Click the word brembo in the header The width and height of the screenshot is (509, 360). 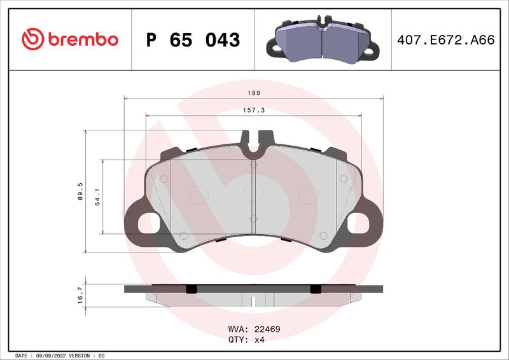point(81,39)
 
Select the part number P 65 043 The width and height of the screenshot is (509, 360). point(193,40)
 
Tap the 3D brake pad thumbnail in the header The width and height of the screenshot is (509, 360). point(321,38)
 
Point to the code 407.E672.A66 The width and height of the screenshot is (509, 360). point(445,40)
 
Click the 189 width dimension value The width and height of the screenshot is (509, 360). point(253,93)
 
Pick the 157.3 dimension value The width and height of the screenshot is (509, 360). point(253,110)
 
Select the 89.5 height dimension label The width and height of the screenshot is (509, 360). point(81,191)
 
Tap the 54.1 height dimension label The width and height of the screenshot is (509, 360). point(97,197)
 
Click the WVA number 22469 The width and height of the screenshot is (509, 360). point(267,329)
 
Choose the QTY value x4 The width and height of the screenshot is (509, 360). point(260,340)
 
